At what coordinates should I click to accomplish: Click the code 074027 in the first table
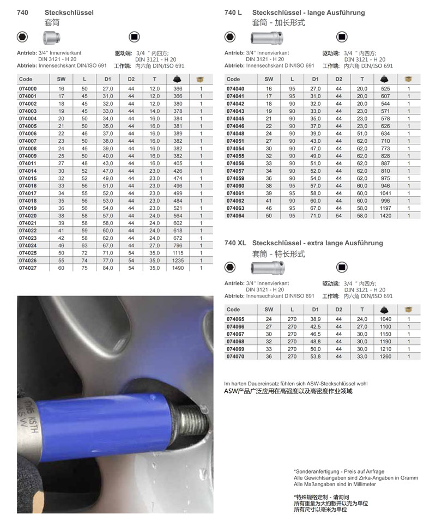pyautogui.click(x=28, y=268)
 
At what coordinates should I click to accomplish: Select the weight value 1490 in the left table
pyautogui.click(x=177, y=268)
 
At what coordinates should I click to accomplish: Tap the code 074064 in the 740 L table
pyautogui.click(x=235, y=215)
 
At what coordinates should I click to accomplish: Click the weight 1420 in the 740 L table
pyautogui.click(x=385, y=215)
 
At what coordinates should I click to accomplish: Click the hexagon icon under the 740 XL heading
pyautogui.click(x=230, y=267)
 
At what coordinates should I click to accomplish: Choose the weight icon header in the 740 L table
pyautogui.click(x=385, y=79)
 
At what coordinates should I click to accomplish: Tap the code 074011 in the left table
pyautogui.click(x=28, y=163)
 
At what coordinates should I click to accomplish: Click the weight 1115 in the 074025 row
pyautogui.click(x=177, y=254)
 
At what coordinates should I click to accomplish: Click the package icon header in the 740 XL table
pyautogui.click(x=408, y=309)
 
